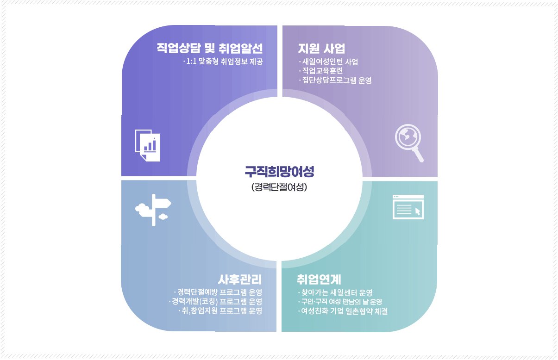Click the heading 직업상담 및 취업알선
pos(210,48)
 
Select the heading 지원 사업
pos(321,48)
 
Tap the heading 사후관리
pos(240,279)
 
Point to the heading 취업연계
pos(319,279)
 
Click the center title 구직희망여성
pos(279,172)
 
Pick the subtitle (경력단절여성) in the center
pos(279,188)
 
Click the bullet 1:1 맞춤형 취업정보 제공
pos(223,62)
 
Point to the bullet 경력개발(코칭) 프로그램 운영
pos(215,301)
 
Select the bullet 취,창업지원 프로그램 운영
pos(220,310)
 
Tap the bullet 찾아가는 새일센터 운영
pos(336,292)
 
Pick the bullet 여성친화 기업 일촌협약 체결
pos(343,311)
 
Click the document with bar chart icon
pos(148,145)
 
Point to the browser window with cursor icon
pos(408,206)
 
